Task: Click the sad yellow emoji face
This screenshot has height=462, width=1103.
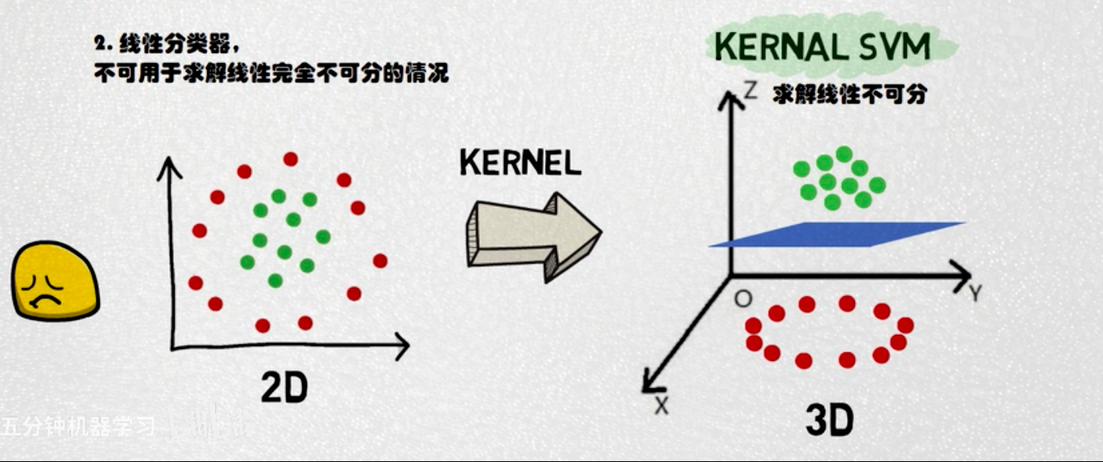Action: pos(54,282)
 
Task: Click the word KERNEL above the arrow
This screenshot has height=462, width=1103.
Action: pos(520,163)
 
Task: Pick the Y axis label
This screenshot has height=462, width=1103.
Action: pos(975,295)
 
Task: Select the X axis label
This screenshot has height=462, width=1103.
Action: pos(662,405)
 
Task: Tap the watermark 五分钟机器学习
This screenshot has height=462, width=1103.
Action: pos(79,426)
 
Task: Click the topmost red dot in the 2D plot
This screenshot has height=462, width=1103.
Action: pos(290,159)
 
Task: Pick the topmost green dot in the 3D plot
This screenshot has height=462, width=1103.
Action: pos(844,153)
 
